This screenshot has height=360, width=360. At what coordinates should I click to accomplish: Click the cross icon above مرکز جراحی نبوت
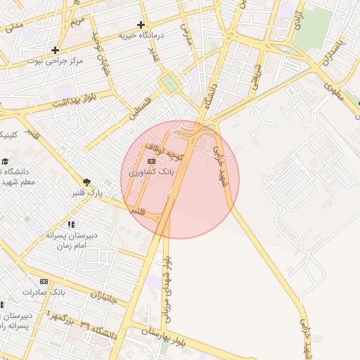[x=55, y=50]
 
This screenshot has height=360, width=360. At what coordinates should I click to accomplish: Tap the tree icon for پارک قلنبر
[x=86, y=182]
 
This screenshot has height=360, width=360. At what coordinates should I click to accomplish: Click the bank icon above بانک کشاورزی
[x=152, y=161]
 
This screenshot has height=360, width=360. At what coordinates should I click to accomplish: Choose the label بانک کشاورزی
[x=152, y=172]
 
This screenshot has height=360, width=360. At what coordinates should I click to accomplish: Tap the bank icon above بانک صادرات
[x=44, y=281]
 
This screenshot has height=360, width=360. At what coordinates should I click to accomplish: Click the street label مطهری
[x=334, y=89]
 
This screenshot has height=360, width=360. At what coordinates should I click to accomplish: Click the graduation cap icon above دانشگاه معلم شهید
[x=6, y=162]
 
